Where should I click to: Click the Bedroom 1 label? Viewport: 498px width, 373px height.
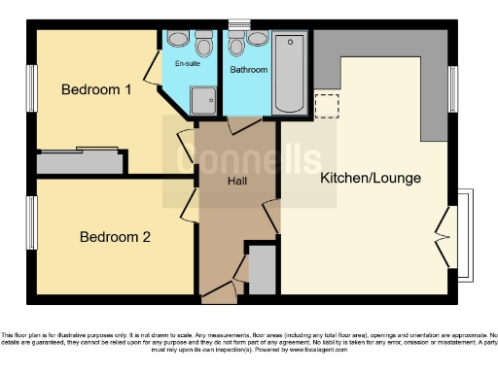point(96,90)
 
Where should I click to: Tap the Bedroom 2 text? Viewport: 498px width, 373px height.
point(115,236)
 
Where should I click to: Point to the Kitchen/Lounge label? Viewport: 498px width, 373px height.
point(371,179)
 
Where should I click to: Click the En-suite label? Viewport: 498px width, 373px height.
point(189,64)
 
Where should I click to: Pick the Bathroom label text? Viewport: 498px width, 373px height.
point(249,70)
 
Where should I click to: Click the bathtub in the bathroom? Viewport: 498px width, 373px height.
point(291,73)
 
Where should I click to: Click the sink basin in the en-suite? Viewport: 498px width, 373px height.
point(203,45)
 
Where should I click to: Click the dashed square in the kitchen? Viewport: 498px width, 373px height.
point(327,104)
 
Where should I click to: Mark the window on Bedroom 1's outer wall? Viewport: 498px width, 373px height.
point(31,87)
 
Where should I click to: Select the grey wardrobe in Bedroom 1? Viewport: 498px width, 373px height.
point(80,162)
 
